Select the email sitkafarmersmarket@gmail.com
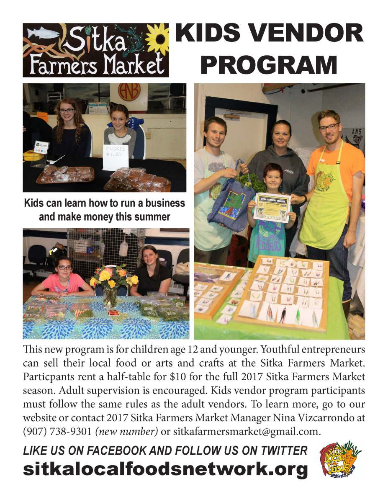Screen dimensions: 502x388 pyautogui.click(x=247, y=431)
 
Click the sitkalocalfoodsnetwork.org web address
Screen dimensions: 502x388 pyautogui.click(x=165, y=469)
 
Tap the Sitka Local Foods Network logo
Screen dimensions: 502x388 pyautogui.click(x=340, y=459)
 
